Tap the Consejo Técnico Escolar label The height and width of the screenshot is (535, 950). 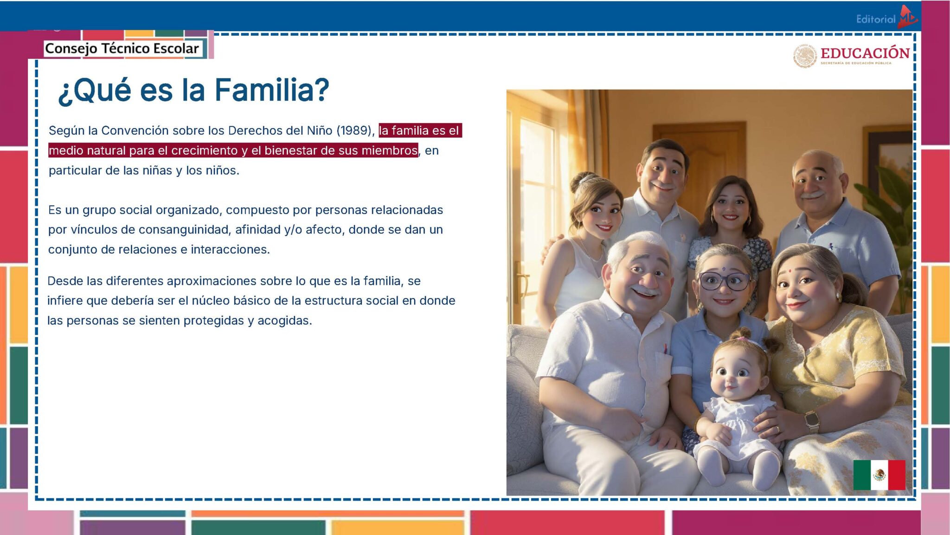click(122, 48)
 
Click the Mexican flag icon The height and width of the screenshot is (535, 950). click(879, 475)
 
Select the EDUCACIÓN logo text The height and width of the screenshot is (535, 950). click(865, 53)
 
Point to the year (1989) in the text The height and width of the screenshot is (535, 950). click(355, 130)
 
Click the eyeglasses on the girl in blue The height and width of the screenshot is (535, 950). click(725, 281)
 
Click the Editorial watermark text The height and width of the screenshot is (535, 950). click(875, 20)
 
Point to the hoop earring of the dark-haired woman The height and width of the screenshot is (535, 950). click(712, 220)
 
